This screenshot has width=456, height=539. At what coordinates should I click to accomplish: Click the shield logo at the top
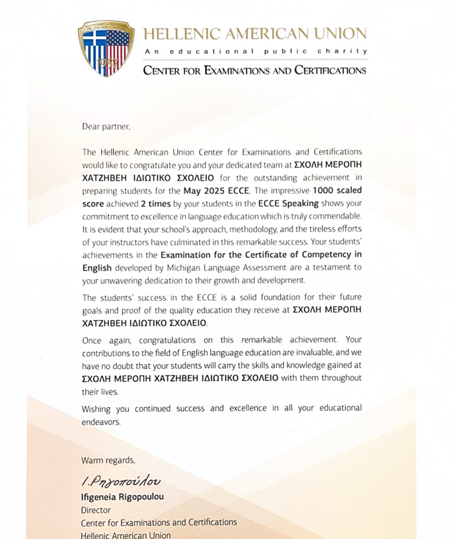pos(106,48)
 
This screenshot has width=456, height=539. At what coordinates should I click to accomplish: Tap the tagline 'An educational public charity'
pos(255,51)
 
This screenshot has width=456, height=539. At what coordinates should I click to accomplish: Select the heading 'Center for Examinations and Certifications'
pos(254,70)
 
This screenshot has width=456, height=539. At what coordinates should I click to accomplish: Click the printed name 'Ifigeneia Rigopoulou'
pos(122,496)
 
